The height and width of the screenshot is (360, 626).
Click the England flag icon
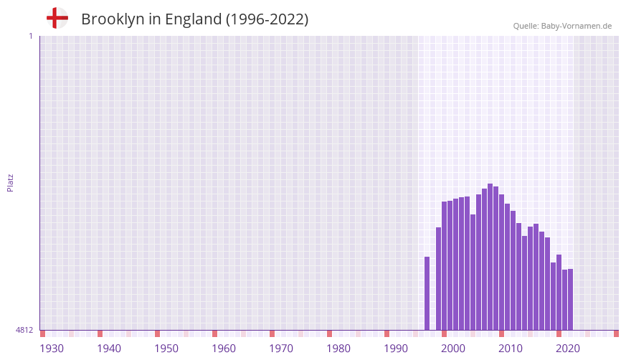point(57,19)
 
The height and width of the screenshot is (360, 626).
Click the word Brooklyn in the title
point(113,19)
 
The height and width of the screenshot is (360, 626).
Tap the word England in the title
point(193,19)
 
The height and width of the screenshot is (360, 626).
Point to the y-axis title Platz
point(10,182)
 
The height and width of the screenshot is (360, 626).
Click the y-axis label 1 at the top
point(30,36)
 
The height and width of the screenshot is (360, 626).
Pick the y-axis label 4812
point(24,331)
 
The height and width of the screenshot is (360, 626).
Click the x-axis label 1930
point(52,349)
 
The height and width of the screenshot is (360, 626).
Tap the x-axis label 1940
point(109,349)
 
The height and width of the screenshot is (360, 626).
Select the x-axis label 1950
point(166,349)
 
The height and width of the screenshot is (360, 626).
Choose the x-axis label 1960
point(224,349)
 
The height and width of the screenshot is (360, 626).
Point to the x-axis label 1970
point(281,349)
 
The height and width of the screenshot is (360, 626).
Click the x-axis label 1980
point(338,349)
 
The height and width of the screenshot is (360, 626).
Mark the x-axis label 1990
point(396,349)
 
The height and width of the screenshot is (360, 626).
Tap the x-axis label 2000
point(453,349)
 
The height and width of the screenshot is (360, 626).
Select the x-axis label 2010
point(511,349)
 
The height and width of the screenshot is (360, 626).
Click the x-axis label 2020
point(568,349)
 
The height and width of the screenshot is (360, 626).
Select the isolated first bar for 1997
point(427,293)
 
